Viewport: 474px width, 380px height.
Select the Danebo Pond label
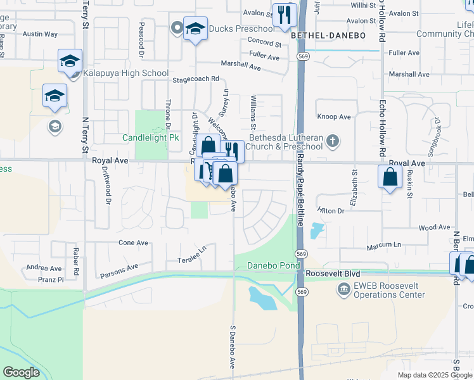coord(273,265)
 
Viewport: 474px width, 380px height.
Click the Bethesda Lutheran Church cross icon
coord(333,141)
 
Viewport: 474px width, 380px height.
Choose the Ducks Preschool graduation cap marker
coord(195,28)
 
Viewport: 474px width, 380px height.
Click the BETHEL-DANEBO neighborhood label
coord(329,36)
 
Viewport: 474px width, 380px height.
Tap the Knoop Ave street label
coord(334,117)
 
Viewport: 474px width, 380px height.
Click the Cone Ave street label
coord(133,243)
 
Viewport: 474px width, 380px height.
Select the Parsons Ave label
coord(119,271)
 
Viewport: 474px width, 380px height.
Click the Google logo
coord(20,372)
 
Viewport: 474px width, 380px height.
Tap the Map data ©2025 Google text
coord(435,375)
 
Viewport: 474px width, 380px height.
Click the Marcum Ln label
coord(387,244)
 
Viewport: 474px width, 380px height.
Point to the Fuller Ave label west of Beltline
coord(264,57)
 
